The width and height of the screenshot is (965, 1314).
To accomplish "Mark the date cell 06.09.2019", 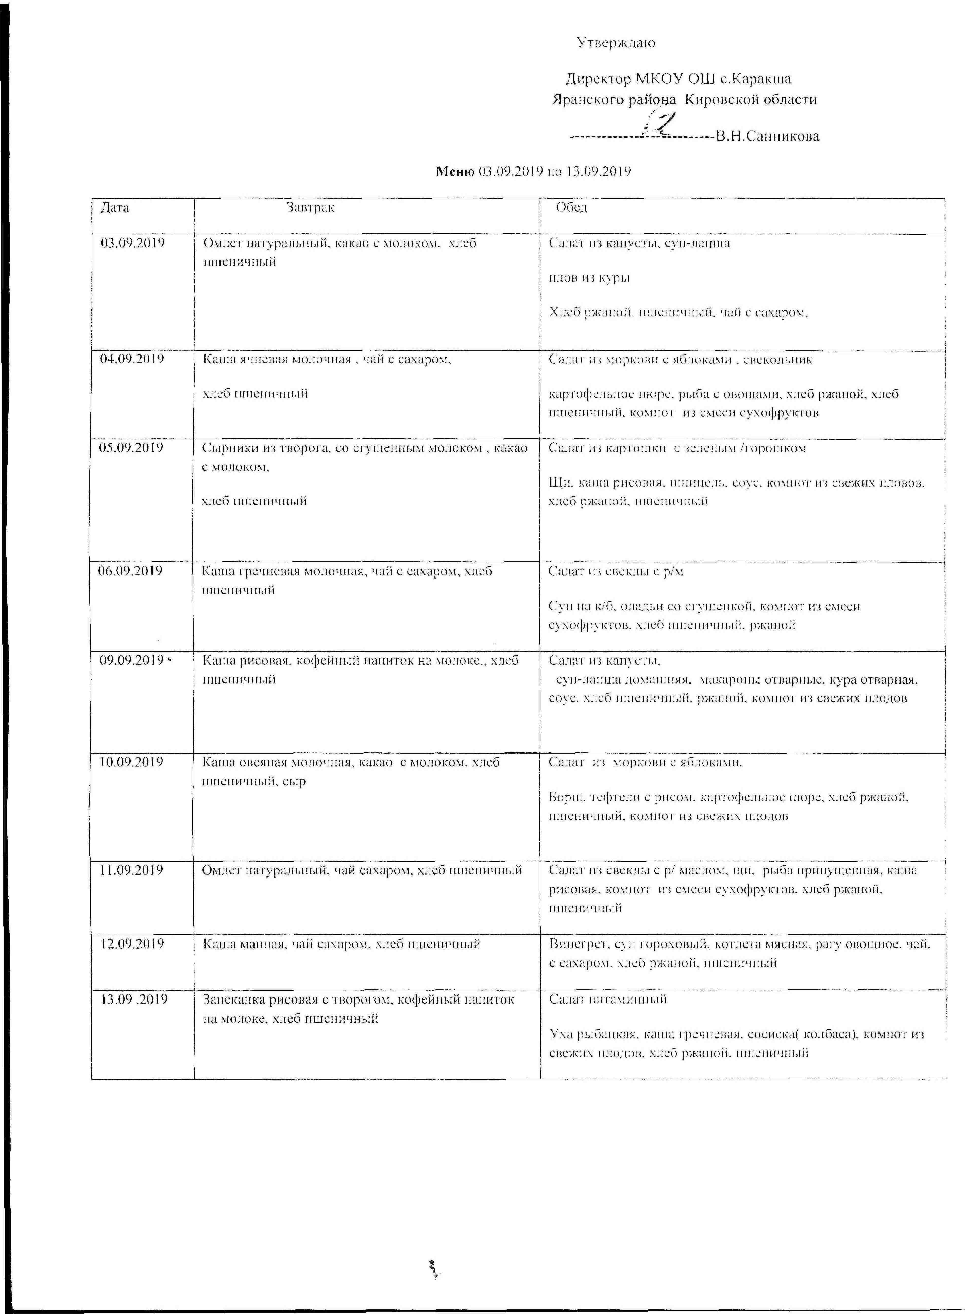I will point(131,571).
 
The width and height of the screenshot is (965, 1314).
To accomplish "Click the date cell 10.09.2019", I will point(132,762).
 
